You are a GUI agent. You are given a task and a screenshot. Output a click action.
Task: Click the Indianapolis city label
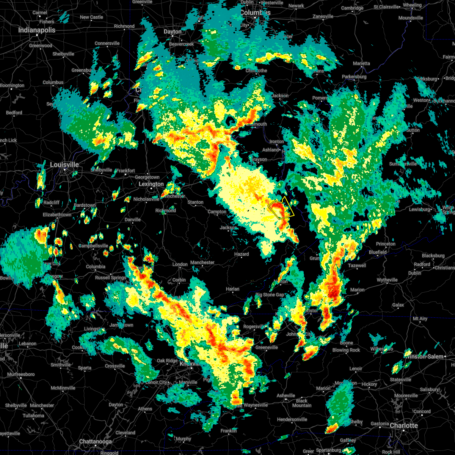pos(37,30)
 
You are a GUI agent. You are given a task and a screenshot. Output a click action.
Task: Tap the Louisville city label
pos(64,165)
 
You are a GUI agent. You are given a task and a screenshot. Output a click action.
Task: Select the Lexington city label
pos(151,184)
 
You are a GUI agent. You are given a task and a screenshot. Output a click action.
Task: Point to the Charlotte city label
pos(404,425)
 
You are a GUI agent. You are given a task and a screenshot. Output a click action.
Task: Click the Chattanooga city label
pos(95,441)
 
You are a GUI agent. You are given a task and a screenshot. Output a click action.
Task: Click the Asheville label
pos(286,395)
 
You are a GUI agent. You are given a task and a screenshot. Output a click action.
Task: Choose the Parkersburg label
pos(354,77)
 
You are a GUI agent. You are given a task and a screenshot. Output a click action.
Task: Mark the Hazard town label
pos(242,254)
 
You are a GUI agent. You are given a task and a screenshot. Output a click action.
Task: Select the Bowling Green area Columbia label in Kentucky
pos(96,267)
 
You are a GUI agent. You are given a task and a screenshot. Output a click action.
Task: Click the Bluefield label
pos(378,252)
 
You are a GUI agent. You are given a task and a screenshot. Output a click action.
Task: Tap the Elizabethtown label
pos(57,215)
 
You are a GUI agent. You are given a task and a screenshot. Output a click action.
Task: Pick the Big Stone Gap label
pos(270,295)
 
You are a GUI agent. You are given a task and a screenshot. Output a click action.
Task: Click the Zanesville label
pos(323,16)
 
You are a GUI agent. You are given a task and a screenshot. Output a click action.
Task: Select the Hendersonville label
pos(297,419)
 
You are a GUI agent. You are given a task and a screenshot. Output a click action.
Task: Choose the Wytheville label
pos(387,280)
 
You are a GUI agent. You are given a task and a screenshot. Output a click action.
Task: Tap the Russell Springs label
pos(111,278)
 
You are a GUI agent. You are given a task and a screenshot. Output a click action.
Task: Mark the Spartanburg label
pos(328,450)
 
